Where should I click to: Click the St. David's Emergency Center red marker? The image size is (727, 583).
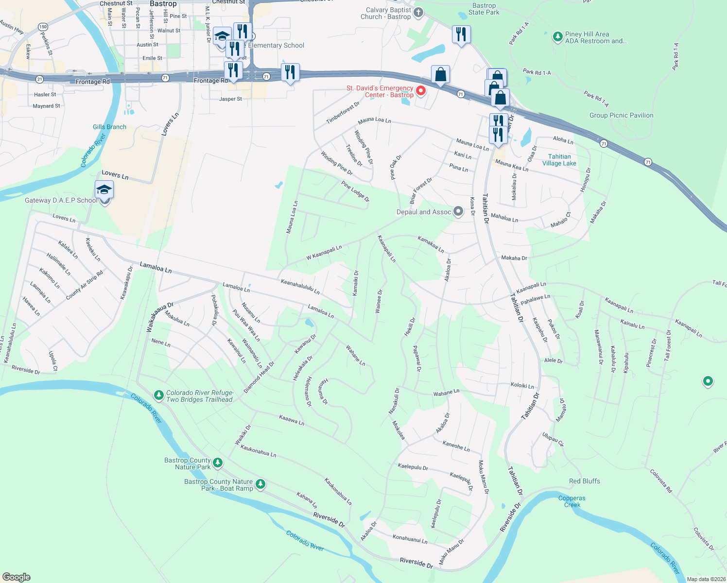pos(421,91)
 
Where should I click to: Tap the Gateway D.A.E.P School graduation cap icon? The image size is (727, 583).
pos(104,189)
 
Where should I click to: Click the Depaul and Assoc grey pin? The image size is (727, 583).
pos(458,211)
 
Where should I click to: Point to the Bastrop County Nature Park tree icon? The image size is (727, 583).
pos(218,463)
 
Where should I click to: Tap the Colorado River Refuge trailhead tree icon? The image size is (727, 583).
pos(158,395)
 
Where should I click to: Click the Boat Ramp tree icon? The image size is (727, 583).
pos(260,484)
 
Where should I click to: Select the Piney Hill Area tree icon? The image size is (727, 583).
pos(557,36)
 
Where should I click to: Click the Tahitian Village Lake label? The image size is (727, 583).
pos(559,160)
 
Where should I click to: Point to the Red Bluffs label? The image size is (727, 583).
pos(584,481)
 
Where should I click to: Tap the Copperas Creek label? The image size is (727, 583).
pos(572,501)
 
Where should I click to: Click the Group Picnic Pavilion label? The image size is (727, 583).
pos(621,115)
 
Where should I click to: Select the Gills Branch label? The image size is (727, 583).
pos(109,127)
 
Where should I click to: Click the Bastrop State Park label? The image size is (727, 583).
pos(484,9)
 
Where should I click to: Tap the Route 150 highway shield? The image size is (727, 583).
pos(43,27)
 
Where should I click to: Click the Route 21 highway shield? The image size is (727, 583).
pos(39,79)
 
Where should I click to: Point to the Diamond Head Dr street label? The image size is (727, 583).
pos(259,377)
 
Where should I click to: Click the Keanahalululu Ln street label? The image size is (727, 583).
pos(300,287)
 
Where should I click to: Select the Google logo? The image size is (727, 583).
pos(17,577)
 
